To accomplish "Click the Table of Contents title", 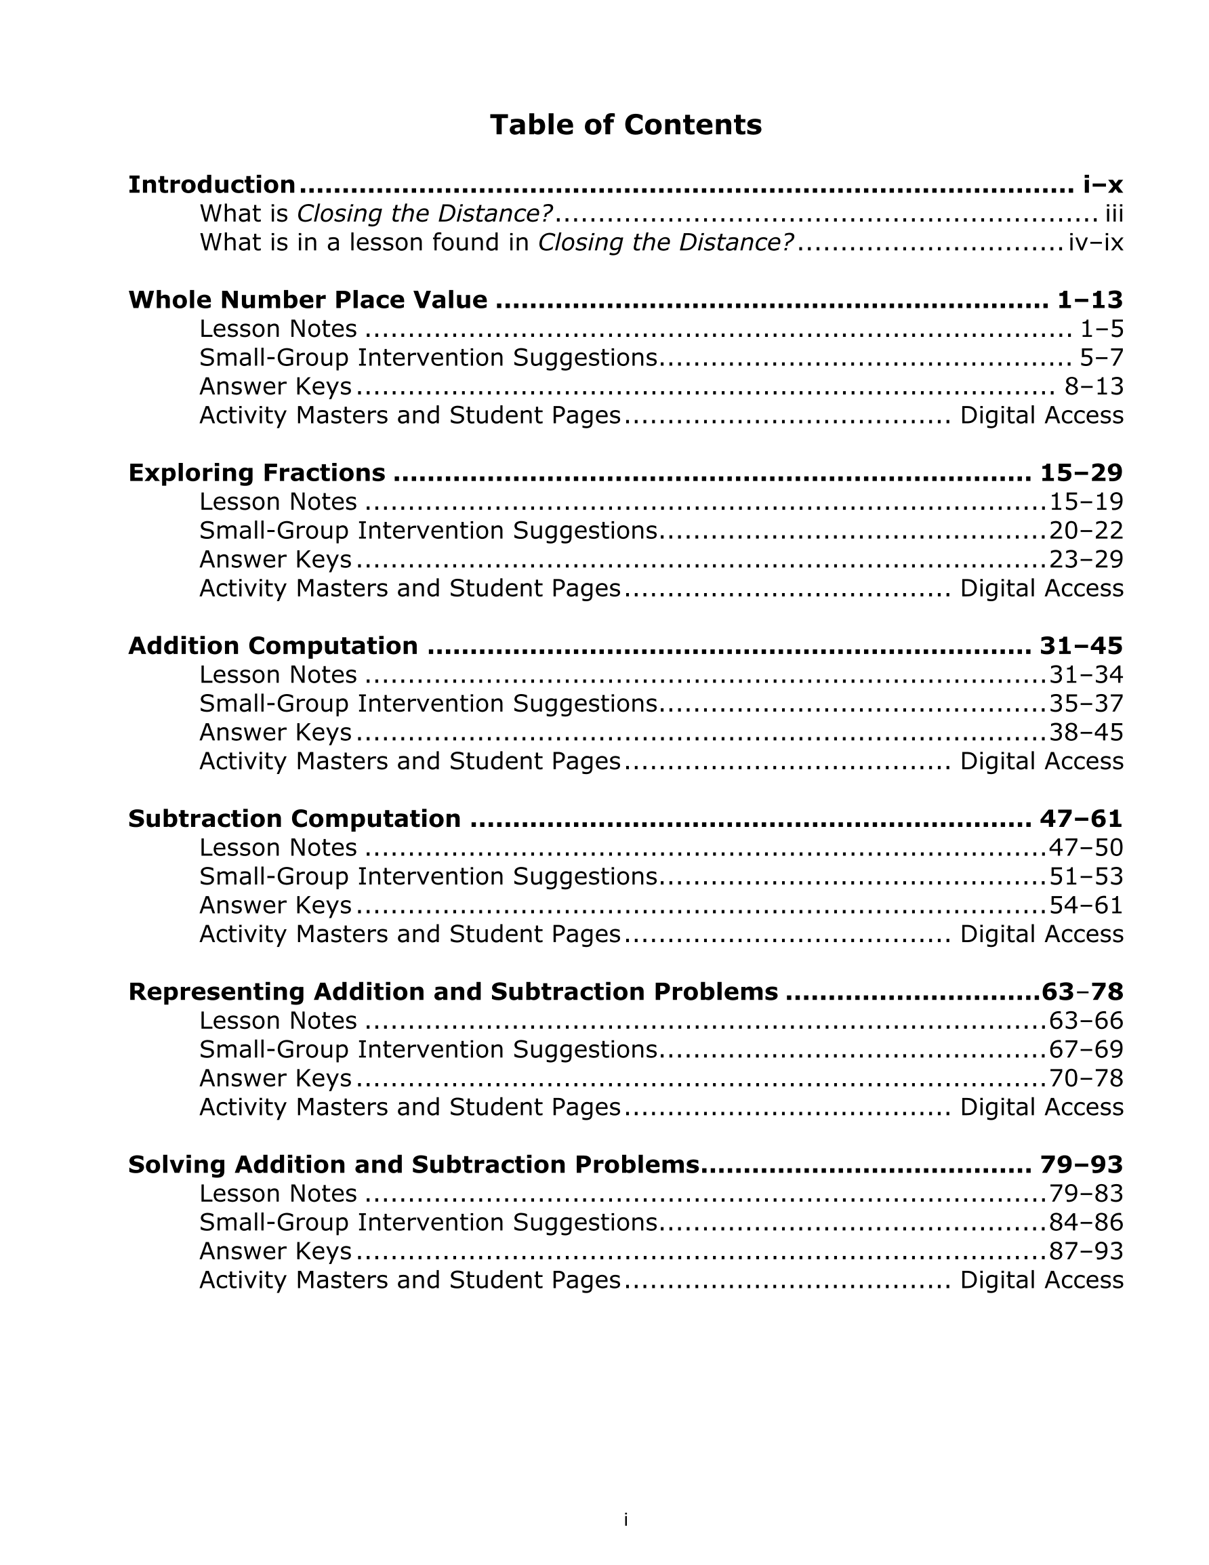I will coord(625,125).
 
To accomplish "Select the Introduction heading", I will coord(211,185).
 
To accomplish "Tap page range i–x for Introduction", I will coord(1102,185).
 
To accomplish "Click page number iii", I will coord(1113,214).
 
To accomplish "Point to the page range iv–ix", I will coord(1095,243).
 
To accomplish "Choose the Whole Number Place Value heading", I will coord(308,300).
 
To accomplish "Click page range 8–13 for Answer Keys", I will coord(1094,387).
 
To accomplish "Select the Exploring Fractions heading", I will coord(257,473).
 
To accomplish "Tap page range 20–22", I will coord(1086,531).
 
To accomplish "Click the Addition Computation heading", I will coord(273,646).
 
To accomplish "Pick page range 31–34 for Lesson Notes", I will coord(1086,675).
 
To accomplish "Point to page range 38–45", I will coord(1086,732).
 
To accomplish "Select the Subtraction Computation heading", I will coord(295,818).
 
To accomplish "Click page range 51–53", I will coord(1086,876).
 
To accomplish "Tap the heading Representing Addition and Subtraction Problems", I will coord(453,992).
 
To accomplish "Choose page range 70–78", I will coord(1086,1078).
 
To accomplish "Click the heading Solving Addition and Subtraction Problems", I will coord(413,1164).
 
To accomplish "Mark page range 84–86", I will coord(1086,1223).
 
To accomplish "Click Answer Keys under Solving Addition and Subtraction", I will coord(275,1251).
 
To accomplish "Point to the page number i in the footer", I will coord(626,1519).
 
